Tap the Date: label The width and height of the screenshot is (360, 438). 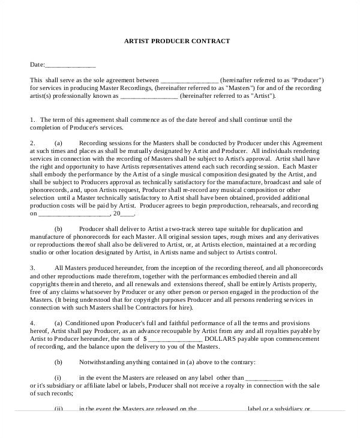tap(37, 64)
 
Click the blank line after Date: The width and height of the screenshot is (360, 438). tap(70, 65)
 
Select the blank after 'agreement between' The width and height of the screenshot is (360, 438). tap(190, 80)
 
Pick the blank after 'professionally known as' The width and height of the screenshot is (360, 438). tap(149, 95)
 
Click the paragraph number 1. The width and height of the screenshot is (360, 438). tap(32, 119)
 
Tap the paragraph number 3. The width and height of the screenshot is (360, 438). tap(32, 268)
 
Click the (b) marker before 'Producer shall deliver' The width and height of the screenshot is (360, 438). tap(58, 229)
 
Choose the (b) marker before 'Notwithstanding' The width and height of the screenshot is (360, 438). tap(58, 362)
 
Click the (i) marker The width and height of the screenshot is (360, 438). tap(58, 377)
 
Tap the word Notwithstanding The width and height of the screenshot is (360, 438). tap(101, 362)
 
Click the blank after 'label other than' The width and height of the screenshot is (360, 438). tap(264, 378)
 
